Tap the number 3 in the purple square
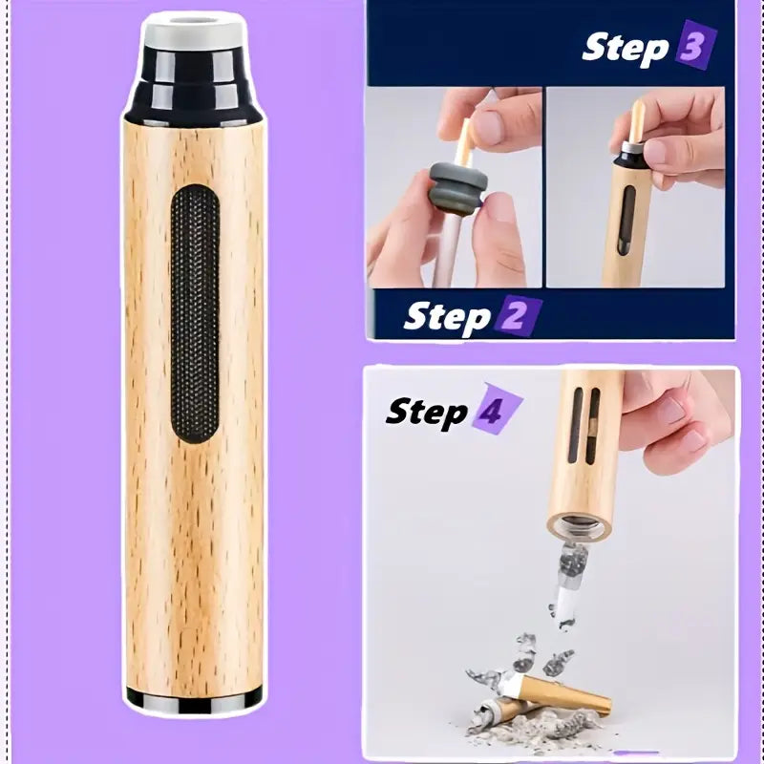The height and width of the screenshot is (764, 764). point(695,47)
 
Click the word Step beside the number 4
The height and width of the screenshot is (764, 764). point(426,412)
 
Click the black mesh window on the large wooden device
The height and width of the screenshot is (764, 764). point(195,313)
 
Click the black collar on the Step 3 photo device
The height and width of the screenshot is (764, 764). point(630,151)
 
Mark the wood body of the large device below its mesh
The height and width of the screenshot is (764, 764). point(194,563)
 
